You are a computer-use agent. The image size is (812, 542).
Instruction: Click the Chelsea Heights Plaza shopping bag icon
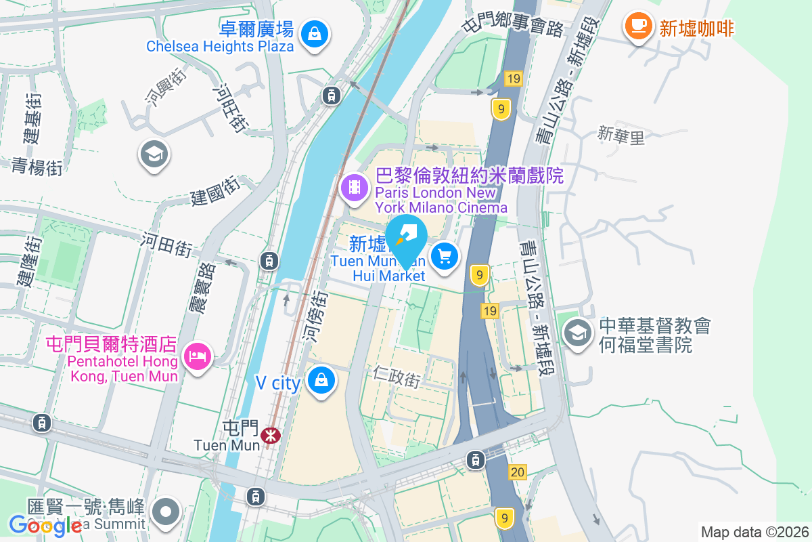[315, 32]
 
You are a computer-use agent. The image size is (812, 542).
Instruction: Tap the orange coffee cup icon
[637, 26]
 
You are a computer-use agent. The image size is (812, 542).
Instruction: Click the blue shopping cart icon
[445, 257]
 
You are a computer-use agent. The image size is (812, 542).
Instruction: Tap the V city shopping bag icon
[321, 380]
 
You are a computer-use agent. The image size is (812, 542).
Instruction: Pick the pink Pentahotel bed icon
[197, 354]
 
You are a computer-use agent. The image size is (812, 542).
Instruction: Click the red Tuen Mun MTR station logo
[272, 434]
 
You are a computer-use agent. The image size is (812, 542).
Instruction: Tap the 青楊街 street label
[37, 165]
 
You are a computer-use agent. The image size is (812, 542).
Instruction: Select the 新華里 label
[621, 136]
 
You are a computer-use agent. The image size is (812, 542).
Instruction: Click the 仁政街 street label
[397, 377]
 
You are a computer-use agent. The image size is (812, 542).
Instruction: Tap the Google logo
[45, 525]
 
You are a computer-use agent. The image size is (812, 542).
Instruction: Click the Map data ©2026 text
[754, 532]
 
